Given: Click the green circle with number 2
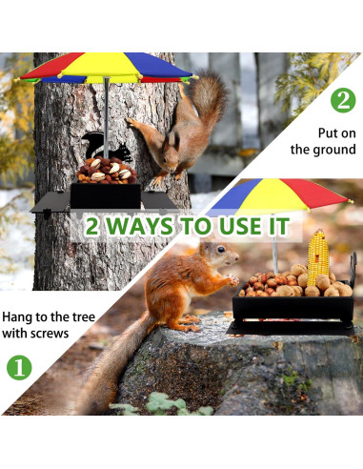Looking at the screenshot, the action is click(x=343, y=100).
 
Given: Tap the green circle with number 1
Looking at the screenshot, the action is click(x=19, y=368).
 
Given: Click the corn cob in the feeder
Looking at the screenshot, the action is click(x=317, y=257).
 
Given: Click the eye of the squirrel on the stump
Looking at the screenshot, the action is click(x=221, y=249).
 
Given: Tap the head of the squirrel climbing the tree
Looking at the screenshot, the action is click(x=171, y=152).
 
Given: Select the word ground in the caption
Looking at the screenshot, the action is click(x=334, y=150).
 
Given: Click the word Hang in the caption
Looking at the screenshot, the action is click(x=16, y=317).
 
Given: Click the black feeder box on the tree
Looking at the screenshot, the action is click(x=105, y=195).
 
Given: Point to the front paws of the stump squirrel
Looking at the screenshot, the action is click(x=232, y=280).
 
